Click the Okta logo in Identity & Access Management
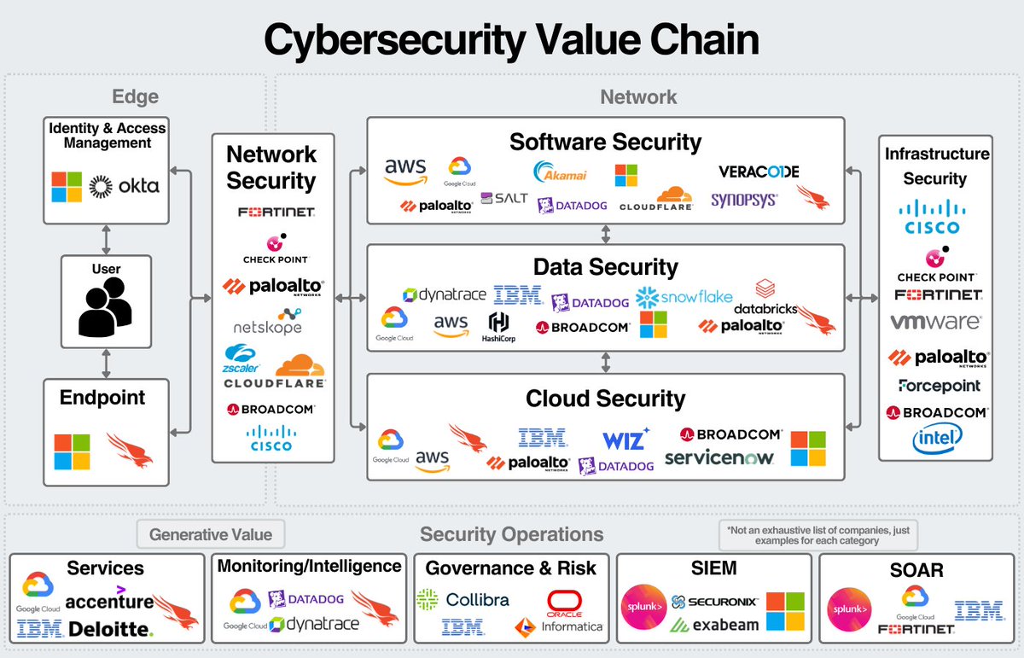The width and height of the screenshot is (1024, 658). (125, 185)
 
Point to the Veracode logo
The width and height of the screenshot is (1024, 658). (759, 172)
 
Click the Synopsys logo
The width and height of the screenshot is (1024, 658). (744, 200)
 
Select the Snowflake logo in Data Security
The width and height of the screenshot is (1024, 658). (684, 297)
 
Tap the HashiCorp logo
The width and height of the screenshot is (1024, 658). (498, 326)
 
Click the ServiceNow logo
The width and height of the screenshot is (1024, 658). (719, 458)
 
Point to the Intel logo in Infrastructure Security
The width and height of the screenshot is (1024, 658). (936, 439)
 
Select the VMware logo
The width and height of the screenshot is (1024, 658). (935, 323)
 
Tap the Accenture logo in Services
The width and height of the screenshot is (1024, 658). (109, 601)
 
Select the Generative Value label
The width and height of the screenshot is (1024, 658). (211, 535)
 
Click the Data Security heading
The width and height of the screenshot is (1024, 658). (605, 267)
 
